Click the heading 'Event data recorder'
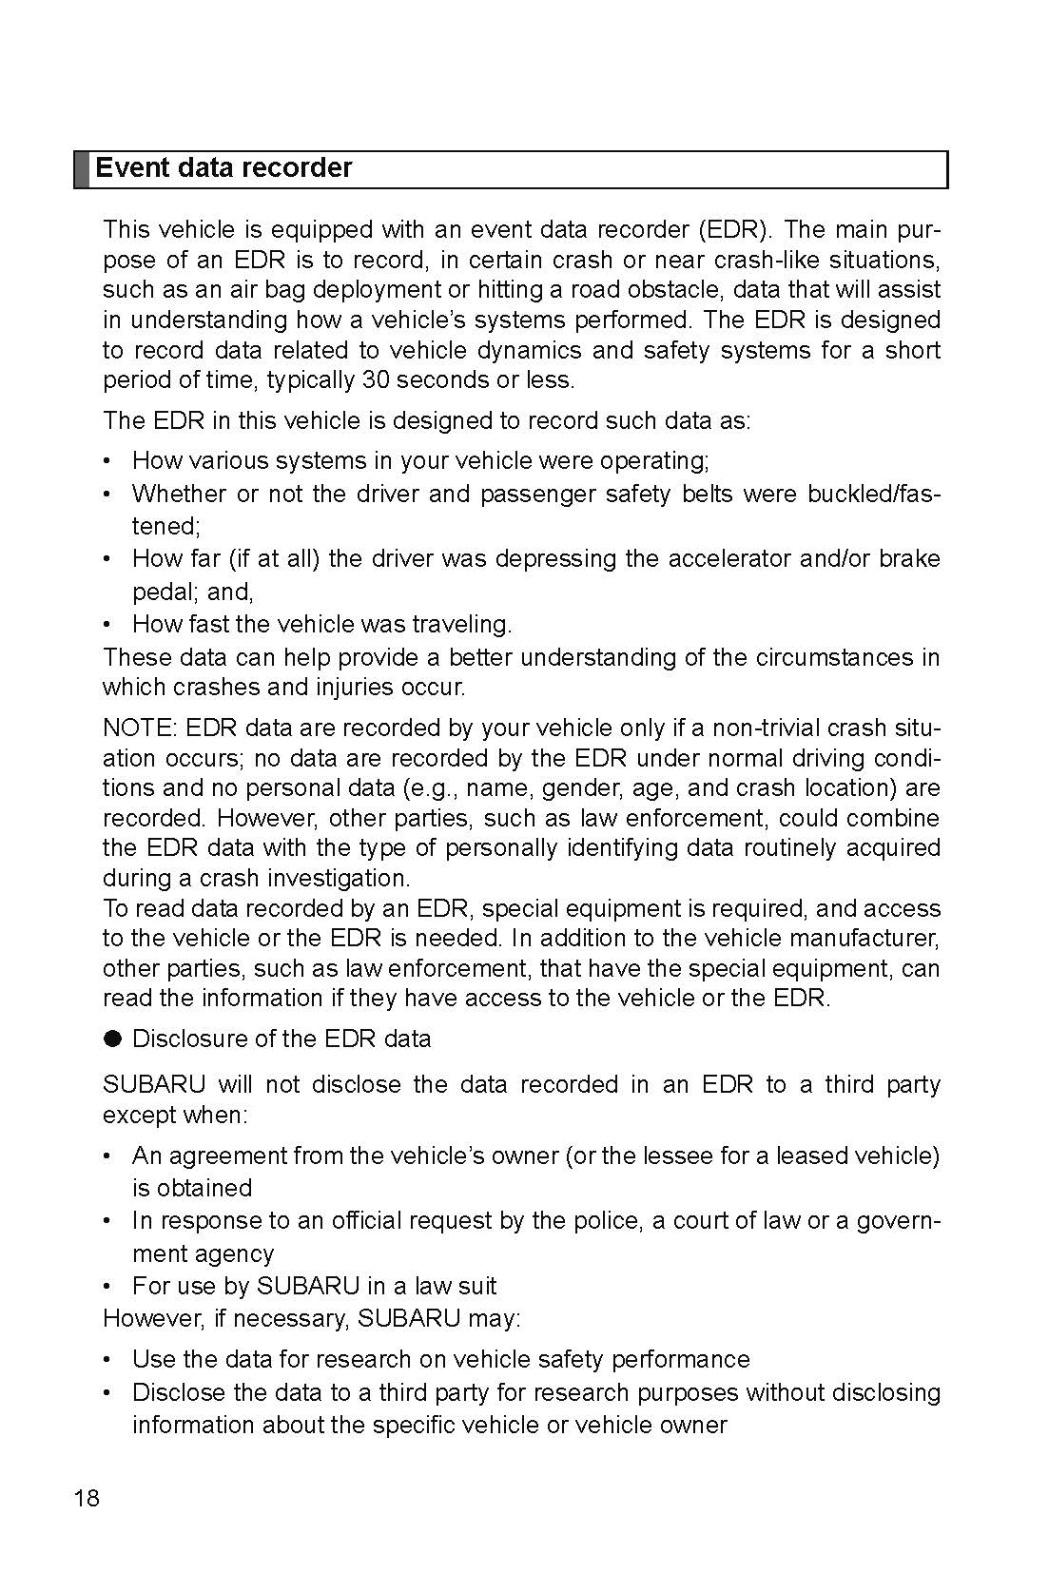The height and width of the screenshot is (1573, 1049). (223, 168)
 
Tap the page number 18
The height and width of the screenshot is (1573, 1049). (86, 1500)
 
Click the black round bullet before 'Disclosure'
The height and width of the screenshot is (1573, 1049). (113, 1039)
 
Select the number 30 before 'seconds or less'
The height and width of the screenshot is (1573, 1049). (374, 380)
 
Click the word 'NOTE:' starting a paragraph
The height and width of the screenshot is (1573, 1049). (139, 728)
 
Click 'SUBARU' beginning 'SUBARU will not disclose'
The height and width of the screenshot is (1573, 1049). (154, 1085)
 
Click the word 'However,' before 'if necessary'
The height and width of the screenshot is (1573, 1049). (147, 1319)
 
